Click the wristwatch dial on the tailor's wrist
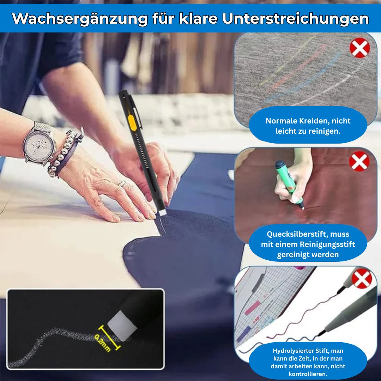pos(39,143)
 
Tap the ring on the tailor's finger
pos(122,183)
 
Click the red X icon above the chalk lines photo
pos(359,48)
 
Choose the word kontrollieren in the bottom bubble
pos(308,374)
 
